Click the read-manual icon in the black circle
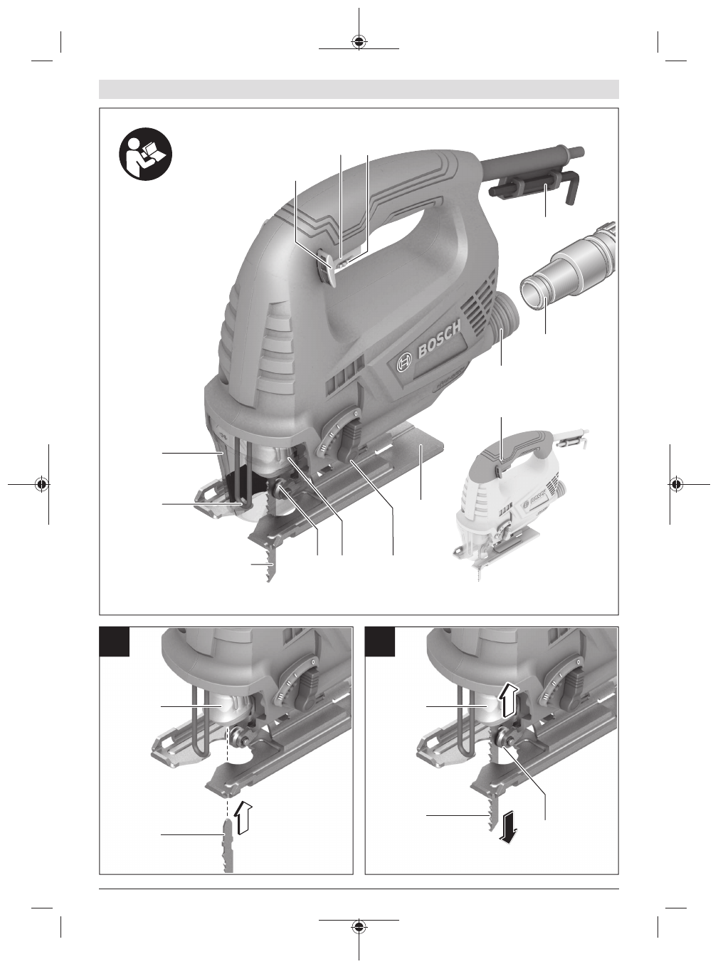point(145,154)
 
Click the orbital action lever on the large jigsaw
point(349,444)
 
